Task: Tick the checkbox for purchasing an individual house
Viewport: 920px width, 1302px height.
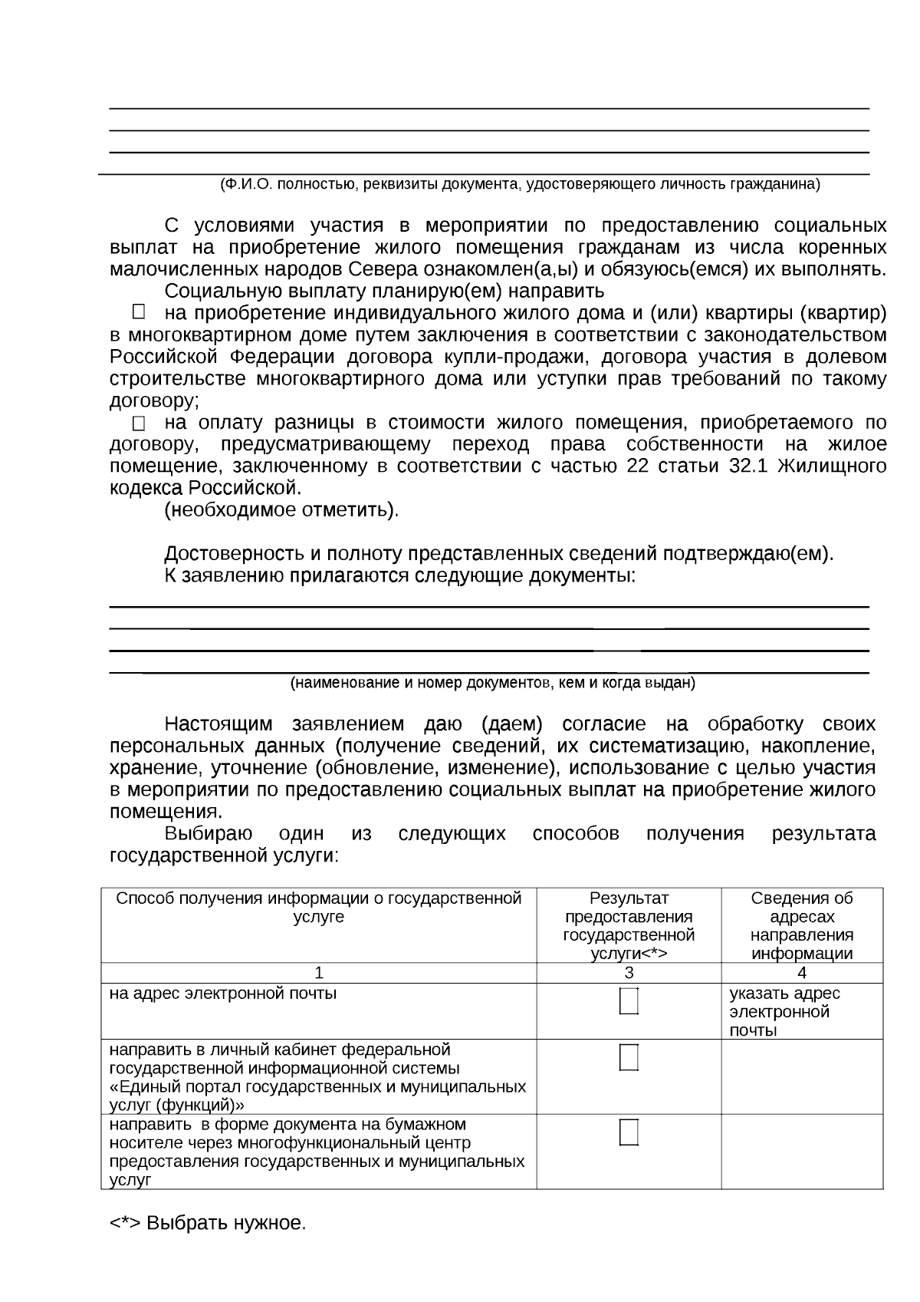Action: point(138,311)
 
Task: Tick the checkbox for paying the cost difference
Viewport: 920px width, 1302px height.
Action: point(138,423)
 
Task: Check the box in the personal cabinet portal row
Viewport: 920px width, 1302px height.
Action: point(629,1057)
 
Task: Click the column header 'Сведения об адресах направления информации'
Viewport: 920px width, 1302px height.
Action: point(801,926)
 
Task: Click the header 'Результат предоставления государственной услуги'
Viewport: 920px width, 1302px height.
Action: point(629,926)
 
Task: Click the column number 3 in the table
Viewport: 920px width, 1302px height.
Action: point(629,973)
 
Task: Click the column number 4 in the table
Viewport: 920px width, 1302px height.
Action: point(802,973)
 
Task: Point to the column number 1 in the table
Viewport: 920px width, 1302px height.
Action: point(319,973)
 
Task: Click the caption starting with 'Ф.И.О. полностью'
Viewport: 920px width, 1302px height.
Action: point(519,185)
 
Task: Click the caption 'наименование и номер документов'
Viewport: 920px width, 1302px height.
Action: point(492,683)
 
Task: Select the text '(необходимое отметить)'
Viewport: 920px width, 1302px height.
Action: point(281,510)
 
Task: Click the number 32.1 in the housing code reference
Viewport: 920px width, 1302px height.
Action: point(742,466)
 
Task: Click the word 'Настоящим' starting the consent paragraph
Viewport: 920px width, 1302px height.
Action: point(219,724)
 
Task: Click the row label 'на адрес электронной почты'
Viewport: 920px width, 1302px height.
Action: point(223,994)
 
